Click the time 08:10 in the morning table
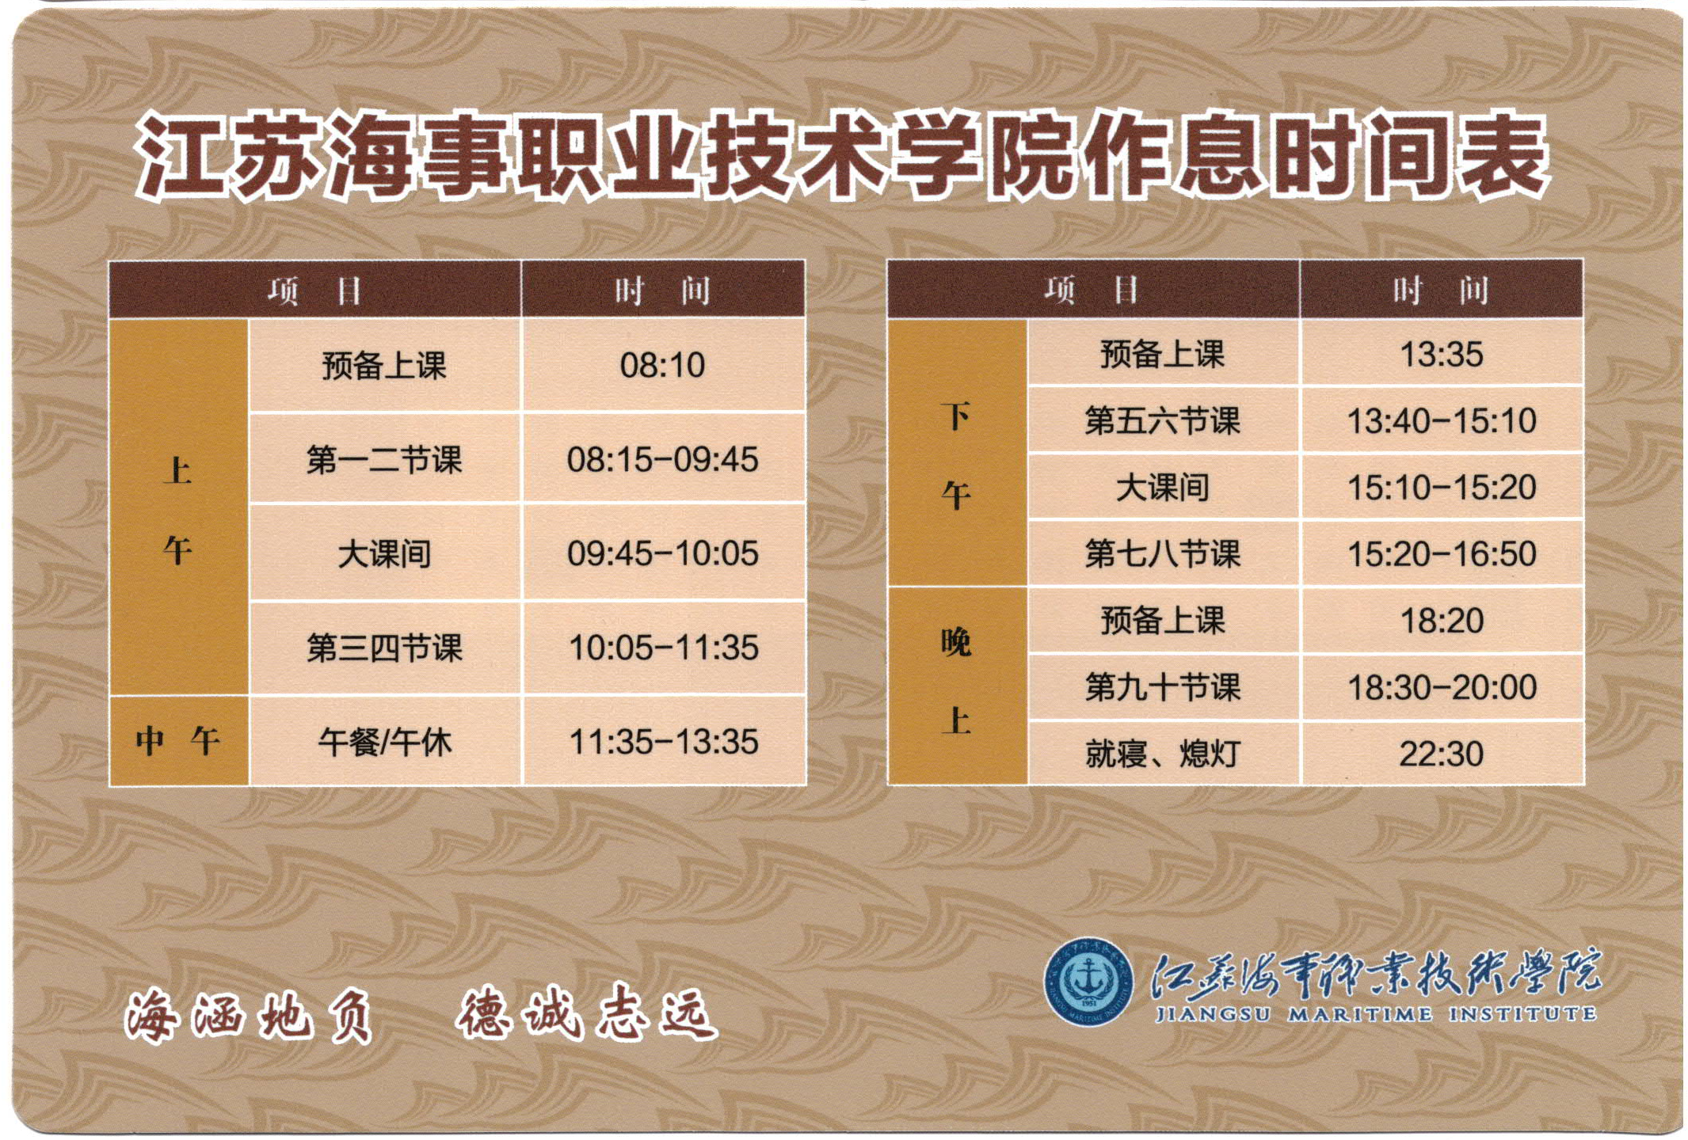point(662,365)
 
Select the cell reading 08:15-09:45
point(662,459)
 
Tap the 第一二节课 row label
point(384,459)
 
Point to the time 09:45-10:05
point(662,553)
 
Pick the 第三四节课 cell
point(384,648)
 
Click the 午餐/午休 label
point(384,742)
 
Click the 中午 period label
point(177,741)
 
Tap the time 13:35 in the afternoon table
point(1441,354)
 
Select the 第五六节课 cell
point(1162,420)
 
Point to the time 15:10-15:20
point(1442,487)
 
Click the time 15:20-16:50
point(1442,553)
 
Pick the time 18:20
point(1442,621)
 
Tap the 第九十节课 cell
point(1162,687)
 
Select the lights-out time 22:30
point(1441,754)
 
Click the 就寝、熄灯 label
point(1162,754)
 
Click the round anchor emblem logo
point(1088,981)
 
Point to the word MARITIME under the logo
point(1360,1014)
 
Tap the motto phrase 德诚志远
point(587,1013)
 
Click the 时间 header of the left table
point(662,291)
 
